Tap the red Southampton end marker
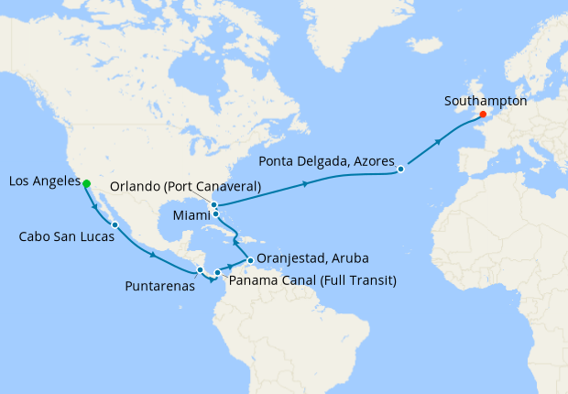coord(483,115)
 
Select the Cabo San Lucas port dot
coord(115,224)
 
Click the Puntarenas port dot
coord(200,269)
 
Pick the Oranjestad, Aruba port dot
coord(249,260)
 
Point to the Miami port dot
coord(216,214)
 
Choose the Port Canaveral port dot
coord(213,204)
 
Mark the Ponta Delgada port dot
coord(401,169)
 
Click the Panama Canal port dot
coord(217,272)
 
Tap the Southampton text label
coord(485,101)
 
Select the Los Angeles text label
coord(43,182)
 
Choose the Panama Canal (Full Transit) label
coord(311,279)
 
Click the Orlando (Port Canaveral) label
coord(186,186)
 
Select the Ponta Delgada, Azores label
coord(326,161)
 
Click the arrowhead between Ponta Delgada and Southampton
coord(439,142)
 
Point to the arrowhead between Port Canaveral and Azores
coord(305,184)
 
